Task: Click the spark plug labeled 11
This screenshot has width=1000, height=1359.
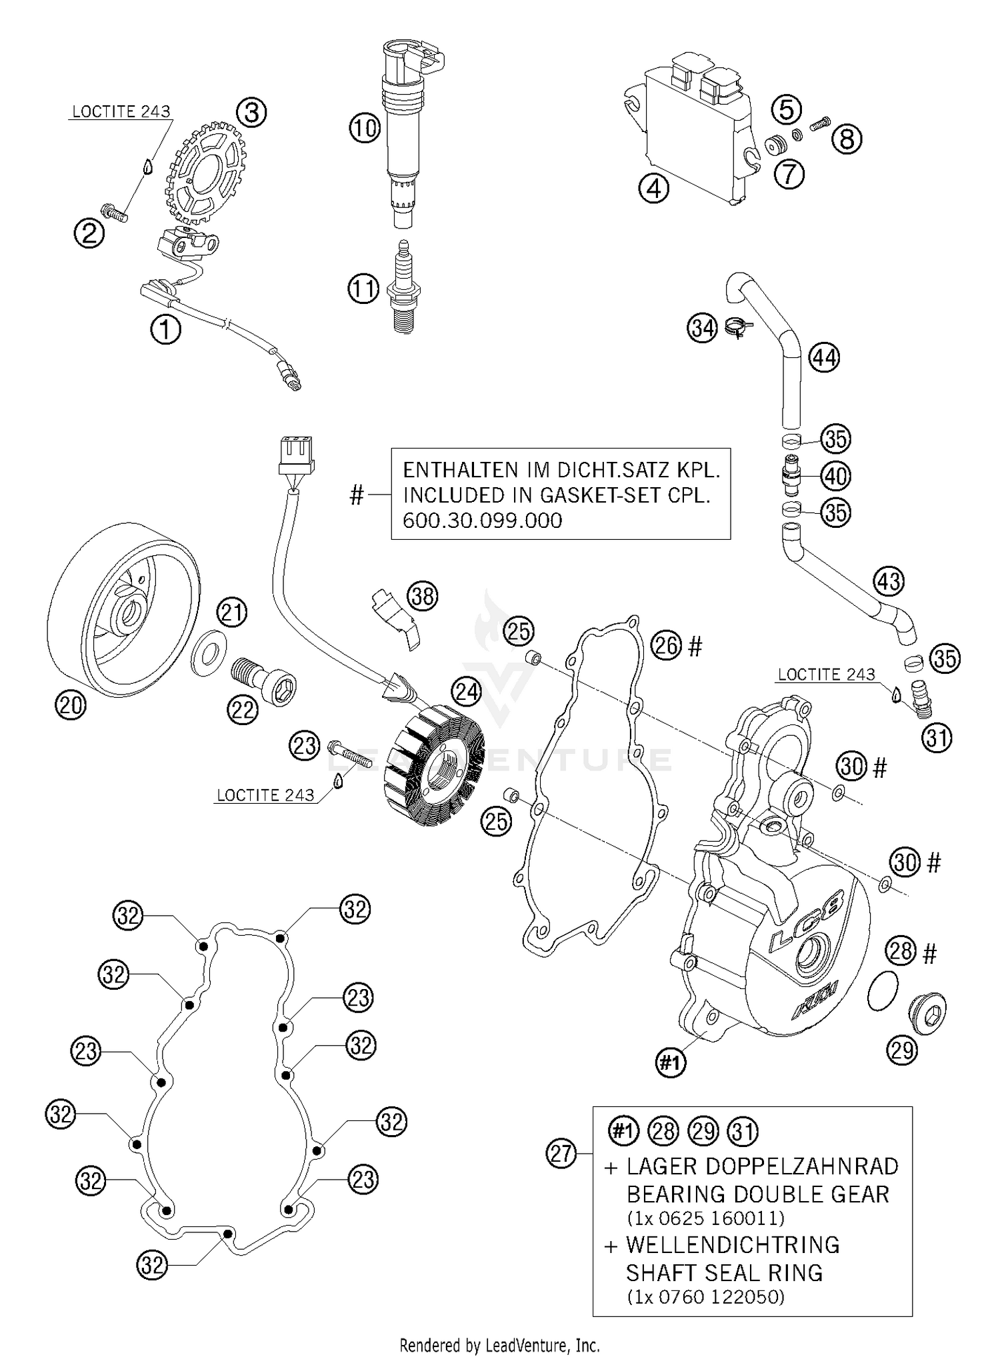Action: (x=404, y=288)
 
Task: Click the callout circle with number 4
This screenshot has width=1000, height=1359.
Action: (x=653, y=189)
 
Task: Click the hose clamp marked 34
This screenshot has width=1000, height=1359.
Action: (x=739, y=327)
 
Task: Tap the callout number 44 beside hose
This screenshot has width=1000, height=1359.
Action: (x=824, y=358)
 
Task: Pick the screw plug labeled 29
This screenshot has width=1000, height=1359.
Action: (x=927, y=1016)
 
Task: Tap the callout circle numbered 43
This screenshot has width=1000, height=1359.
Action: (x=889, y=581)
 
